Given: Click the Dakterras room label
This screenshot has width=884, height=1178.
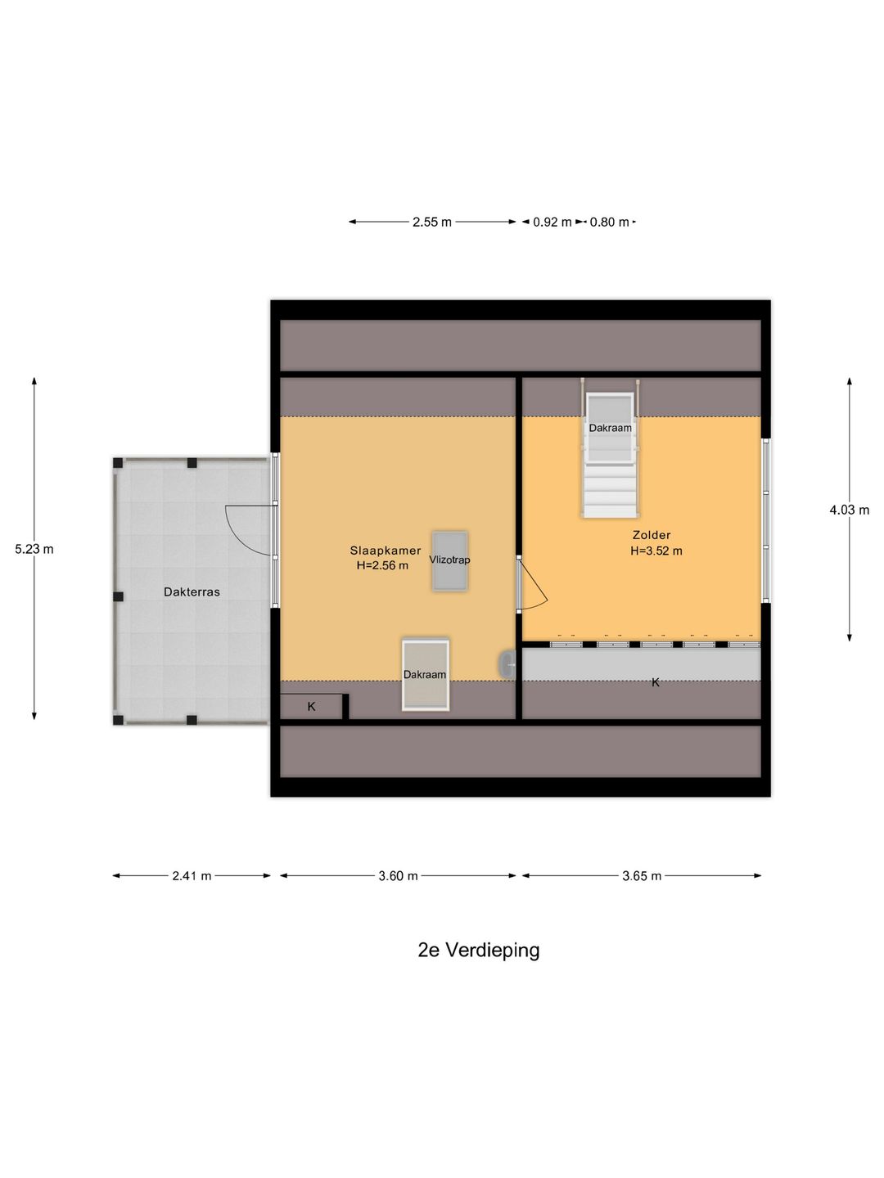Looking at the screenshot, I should click(x=192, y=592).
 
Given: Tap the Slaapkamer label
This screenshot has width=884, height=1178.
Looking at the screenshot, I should click(x=385, y=551).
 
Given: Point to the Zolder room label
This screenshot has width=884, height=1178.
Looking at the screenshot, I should click(x=652, y=535).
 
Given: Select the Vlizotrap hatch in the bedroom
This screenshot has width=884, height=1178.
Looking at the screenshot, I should click(x=449, y=560).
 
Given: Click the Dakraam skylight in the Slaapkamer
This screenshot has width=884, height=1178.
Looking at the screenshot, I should click(x=425, y=675).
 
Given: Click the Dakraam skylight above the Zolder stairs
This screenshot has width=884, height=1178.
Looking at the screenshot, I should click(x=610, y=428).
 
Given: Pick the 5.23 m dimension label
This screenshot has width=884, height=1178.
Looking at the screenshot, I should click(x=34, y=549).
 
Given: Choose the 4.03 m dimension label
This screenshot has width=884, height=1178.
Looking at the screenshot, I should click(x=849, y=510).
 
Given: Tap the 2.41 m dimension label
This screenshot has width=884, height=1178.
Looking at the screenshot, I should click(x=192, y=876).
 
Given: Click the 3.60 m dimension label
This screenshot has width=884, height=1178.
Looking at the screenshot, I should click(x=398, y=876).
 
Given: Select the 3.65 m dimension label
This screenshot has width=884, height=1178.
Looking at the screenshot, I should click(x=642, y=876).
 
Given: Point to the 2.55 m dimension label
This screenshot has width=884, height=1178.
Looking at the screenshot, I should click(x=432, y=222).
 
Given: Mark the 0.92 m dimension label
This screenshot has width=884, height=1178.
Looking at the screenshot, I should click(x=552, y=222).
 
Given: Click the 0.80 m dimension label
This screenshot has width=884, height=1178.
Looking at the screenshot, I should click(x=610, y=222).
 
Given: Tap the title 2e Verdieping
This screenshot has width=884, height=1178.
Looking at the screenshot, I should click(x=479, y=951).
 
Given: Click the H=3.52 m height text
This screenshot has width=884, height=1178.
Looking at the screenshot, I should click(x=656, y=551).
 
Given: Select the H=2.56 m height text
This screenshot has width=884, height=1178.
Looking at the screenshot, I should click(x=382, y=565).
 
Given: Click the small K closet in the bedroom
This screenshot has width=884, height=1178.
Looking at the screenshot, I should click(x=311, y=707).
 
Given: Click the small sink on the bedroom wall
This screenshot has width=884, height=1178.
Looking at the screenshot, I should click(x=507, y=665).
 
